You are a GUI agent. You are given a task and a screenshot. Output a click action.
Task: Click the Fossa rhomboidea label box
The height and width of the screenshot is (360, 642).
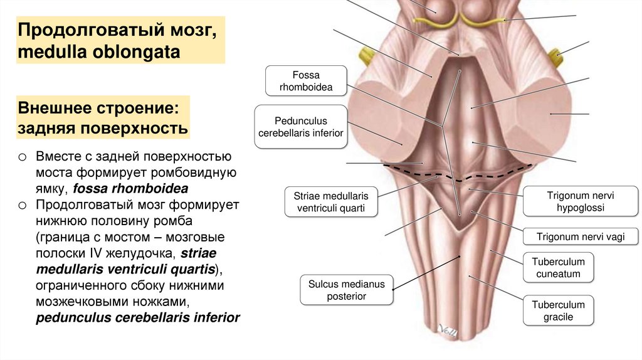coord(306,81)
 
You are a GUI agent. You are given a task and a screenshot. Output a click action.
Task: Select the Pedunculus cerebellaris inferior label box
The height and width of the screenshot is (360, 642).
coord(301,127)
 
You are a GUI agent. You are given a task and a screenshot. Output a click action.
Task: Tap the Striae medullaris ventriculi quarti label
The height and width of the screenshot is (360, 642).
coord(331,202)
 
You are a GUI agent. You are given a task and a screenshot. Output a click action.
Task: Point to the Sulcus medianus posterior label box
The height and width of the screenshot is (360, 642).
coord(346,290)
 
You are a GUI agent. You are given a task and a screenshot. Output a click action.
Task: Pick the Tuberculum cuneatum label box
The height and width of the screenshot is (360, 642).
coord(558,268)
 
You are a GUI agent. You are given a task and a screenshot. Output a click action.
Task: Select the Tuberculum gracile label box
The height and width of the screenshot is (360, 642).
coord(558,311)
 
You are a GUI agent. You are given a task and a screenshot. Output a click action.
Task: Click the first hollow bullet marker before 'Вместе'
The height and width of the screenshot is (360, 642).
coord(23,156)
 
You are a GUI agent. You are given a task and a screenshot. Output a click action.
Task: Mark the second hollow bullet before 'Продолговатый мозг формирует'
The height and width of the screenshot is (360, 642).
coord(23,205)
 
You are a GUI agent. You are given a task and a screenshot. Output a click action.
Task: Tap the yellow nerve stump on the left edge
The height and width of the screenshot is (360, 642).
coord(364,55)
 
